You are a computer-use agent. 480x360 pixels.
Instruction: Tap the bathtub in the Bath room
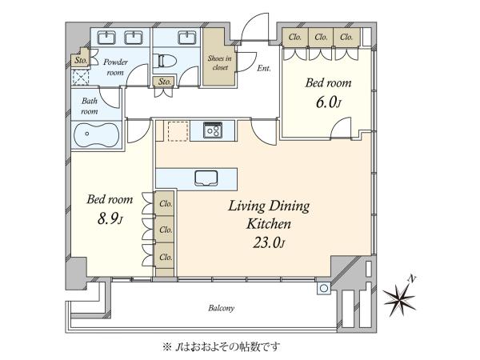click(x=96, y=135)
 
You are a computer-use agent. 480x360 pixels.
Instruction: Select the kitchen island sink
click(x=206, y=178)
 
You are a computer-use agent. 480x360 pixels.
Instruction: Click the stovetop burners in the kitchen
click(x=213, y=130)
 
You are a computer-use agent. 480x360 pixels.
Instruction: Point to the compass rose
click(x=400, y=296)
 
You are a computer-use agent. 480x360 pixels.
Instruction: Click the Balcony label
click(x=221, y=308)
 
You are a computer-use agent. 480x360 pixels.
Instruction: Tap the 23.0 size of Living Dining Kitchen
click(x=269, y=243)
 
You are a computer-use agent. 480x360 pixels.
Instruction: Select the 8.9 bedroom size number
click(x=110, y=219)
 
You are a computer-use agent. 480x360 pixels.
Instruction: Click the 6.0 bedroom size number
click(x=328, y=102)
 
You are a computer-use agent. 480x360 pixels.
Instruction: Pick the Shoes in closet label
click(x=219, y=62)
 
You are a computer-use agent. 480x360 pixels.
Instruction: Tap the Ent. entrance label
click(x=264, y=68)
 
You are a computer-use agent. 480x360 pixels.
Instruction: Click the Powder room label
click(x=115, y=67)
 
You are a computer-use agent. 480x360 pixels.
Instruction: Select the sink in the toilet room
click(x=187, y=38)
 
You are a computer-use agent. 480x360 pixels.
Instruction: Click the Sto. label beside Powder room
click(x=81, y=60)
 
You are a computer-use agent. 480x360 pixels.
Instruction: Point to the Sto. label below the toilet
click(x=164, y=82)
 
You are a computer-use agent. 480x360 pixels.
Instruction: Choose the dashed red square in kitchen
click(x=178, y=131)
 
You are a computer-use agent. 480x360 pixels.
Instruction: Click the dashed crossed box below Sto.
click(x=81, y=77)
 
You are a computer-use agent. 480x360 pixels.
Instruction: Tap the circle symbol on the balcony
click(x=324, y=288)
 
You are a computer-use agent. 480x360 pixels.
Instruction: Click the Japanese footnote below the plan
click(x=222, y=347)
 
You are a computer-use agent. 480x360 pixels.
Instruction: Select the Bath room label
click(x=90, y=106)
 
